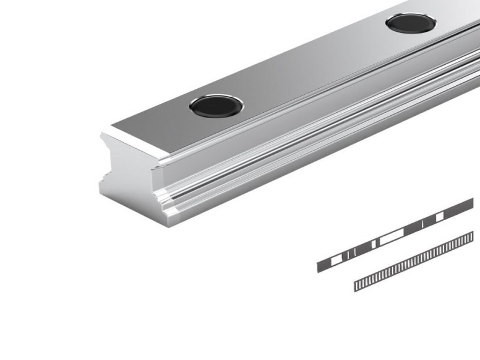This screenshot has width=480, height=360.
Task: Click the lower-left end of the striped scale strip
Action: click(x=356, y=287)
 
